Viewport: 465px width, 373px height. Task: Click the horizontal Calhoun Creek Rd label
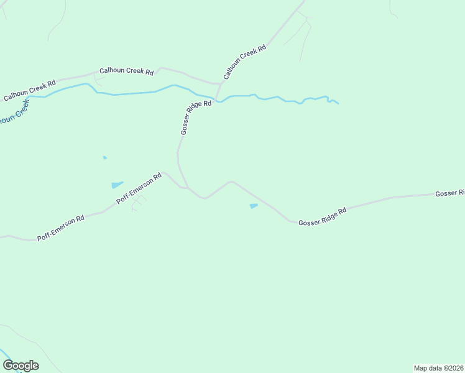(x=126, y=71)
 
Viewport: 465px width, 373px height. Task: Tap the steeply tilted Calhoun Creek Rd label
(x=244, y=62)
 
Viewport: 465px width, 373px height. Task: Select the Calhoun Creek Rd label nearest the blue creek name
(x=30, y=90)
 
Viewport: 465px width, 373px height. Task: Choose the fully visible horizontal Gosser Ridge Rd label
(x=321, y=216)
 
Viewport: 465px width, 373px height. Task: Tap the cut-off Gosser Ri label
(x=449, y=193)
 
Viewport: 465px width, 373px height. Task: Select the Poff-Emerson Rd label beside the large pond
(x=139, y=189)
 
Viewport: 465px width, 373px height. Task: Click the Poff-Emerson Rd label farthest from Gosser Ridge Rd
(x=60, y=229)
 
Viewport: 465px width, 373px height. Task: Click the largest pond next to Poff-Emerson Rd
(x=117, y=185)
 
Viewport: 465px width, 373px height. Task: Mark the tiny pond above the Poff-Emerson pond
(x=104, y=158)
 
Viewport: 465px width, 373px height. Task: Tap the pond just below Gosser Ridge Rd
(x=253, y=206)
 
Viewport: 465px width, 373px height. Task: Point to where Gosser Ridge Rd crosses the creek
(x=215, y=99)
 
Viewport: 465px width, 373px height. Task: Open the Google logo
(x=21, y=365)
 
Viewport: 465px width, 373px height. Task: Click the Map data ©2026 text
(x=438, y=368)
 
